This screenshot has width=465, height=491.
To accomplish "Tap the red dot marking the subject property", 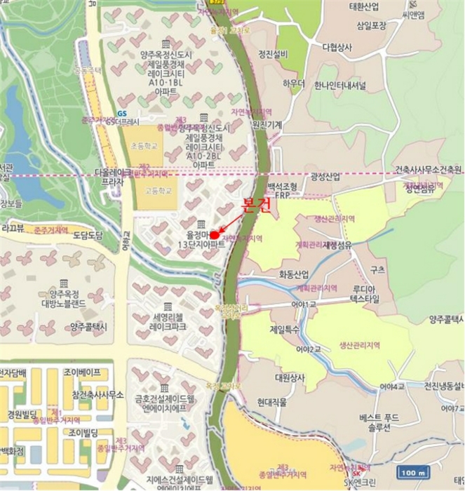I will pyautogui.click(x=214, y=234).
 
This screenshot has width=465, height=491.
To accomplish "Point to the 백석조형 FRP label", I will pyautogui.click(x=283, y=191).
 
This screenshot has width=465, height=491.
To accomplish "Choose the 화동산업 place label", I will pyautogui.click(x=294, y=274).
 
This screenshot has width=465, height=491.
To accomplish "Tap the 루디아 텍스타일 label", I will pyautogui.click(x=364, y=293).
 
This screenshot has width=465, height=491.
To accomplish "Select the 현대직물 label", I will pyautogui.click(x=274, y=402).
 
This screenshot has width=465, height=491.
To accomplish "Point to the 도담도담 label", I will pyautogui.click(x=88, y=235).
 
